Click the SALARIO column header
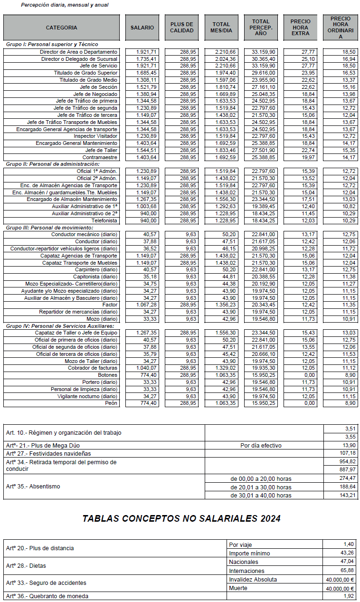142,28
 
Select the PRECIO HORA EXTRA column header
300,28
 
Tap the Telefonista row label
104,220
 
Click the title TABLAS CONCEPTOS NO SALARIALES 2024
181,518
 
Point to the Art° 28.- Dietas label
26,566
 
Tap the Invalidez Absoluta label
253,579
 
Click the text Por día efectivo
261,446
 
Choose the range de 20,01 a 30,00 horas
261,487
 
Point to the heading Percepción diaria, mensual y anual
65,5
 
